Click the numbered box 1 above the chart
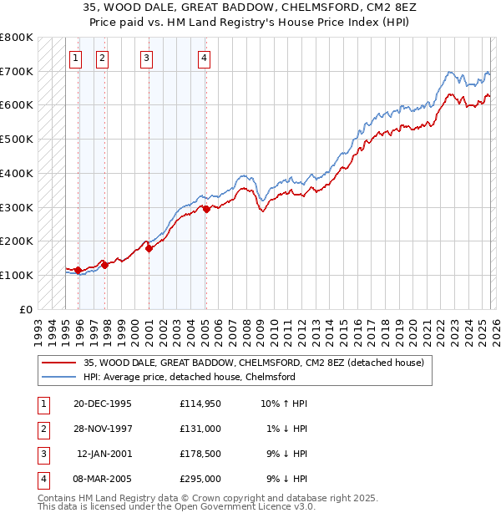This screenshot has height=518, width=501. pyautogui.click(x=76, y=58)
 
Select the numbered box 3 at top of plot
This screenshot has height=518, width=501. pyautogui.click(x=146, y=58)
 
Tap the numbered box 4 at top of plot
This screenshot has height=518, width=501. pyautogui.click(x=204, y=58)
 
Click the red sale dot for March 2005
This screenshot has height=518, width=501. pyautogui.click(x=206, y=209)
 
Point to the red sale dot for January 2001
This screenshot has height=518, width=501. pyautogui.click(x=149, y=248)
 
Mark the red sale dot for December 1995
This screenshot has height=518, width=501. pyautogui.click(x=78, y=270)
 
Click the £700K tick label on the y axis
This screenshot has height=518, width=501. pyautogui.click(x=17, y=71)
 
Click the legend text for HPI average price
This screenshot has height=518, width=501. pyautogui.click(x=189, y=377)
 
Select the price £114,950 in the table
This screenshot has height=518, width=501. pyautogui.click(x=200, y=404)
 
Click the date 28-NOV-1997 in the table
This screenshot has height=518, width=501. pyautogui.click(x=103, y=428)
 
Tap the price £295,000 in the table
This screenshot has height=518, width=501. pyautogui.click(x=200, y=479)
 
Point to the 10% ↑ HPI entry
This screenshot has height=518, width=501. pyautogui.click(x=284, y=404)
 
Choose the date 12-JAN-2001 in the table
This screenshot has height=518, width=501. pyautogui.click(x=104, y=454)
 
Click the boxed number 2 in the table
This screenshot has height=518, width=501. pyautogui.click(x=42, y=429)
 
